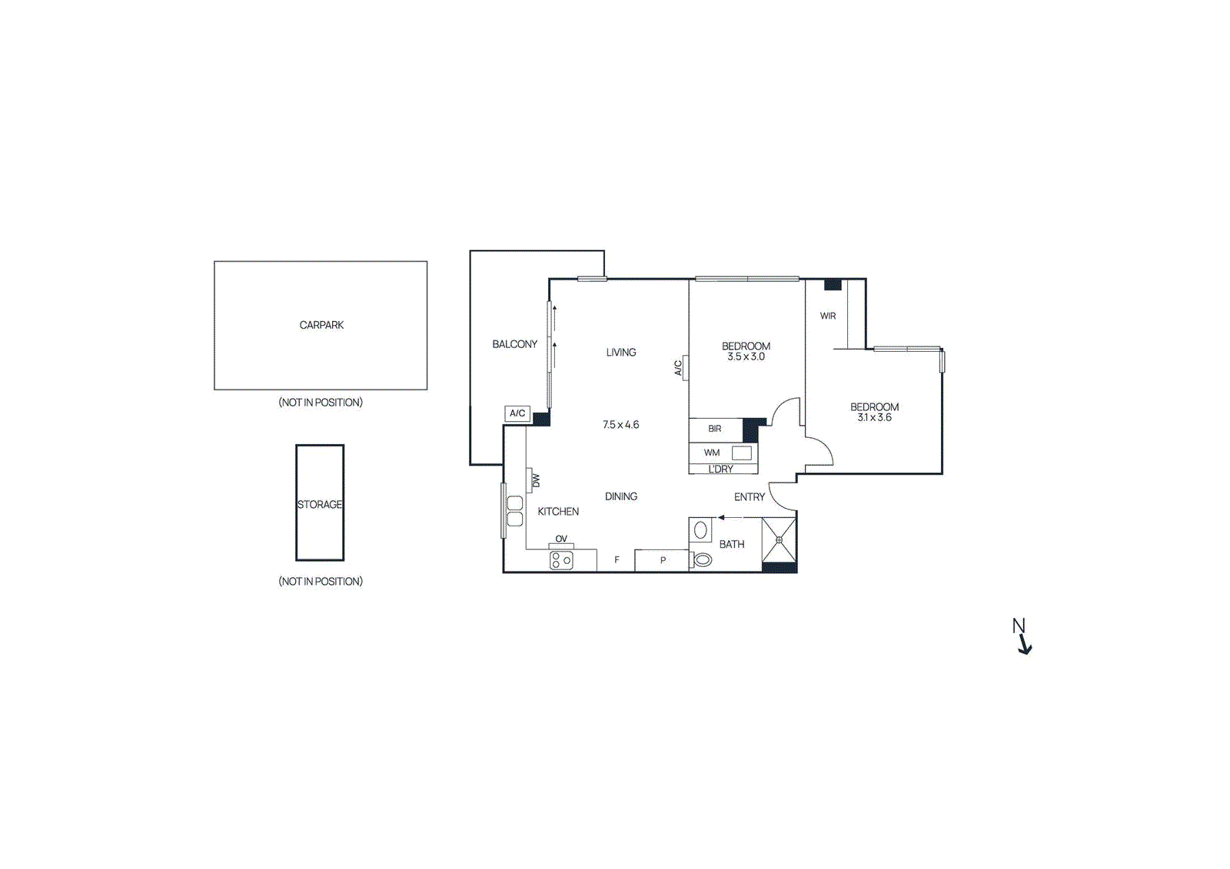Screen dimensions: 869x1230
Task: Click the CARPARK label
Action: tap(321, 325)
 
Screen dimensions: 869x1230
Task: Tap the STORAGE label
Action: tap(320, 504)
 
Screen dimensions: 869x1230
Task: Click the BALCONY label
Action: tap(514, 344)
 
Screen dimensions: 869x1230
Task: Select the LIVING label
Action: tap(620, 352)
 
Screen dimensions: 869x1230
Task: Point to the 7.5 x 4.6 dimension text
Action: tap(620, 424)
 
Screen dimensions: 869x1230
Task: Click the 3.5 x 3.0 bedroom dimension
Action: tap(746, 357)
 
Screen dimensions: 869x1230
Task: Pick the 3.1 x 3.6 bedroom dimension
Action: tap(874, 417)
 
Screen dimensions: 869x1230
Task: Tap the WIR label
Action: tap(827, 316)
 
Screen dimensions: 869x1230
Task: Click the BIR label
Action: tap(714, 429)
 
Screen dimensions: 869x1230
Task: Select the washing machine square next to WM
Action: tap(741, 453)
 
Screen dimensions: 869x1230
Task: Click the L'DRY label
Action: tap(720, 469)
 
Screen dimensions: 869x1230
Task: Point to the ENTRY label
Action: tap(749, 497)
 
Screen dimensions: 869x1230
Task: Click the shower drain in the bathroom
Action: tap(779, 540)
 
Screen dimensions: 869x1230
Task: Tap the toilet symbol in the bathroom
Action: tap(701, 560)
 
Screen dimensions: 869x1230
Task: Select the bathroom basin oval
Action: tap(700, 530)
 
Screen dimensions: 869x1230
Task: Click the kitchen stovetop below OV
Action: tap(561, 561)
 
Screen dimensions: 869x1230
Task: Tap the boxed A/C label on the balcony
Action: tap(517, 413)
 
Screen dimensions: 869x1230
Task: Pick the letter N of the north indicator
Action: tap(1019, 625)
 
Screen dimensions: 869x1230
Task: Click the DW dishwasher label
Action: tap(536, 481)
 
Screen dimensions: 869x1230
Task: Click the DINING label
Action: tap(620, 496)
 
